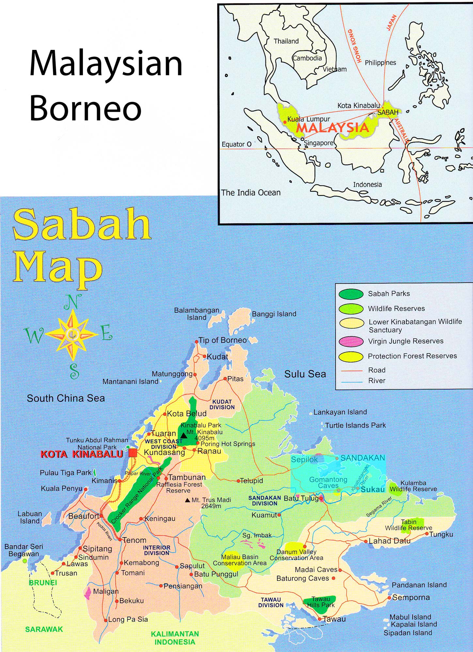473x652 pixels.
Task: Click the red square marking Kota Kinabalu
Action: [x=133, y=453]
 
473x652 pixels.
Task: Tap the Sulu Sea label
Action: [x=305, y=374]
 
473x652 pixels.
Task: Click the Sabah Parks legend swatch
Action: [x=351, y=294]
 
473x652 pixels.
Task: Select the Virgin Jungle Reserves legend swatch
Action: [x=351, y=341]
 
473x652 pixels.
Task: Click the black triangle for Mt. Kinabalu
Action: [x=184, y=436]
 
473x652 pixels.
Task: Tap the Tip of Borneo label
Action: [x=223, y=340]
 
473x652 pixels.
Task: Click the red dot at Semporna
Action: [x=389, y=598]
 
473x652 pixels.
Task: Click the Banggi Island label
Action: [x=274, y=314]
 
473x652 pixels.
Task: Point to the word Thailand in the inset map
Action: [x=286, y=41]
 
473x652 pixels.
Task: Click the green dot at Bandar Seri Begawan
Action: [x=24, y=561]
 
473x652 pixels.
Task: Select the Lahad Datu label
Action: [x=389, y=541]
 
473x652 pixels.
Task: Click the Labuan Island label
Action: [x=30, y=517]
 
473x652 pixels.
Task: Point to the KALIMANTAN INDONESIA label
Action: [x=175, y=638]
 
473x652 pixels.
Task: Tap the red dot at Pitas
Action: [x=225, y=378]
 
